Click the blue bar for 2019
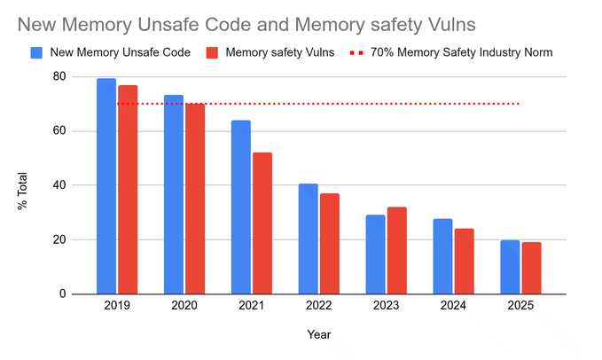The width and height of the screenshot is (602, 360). point(106,186)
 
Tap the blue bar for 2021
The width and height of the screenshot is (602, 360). point(241,207)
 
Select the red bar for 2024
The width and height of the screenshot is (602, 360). point(464,262)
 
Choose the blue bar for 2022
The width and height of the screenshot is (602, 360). point(308,239)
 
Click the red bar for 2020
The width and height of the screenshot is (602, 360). point(195,199)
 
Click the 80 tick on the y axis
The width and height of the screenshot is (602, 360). point(60,76)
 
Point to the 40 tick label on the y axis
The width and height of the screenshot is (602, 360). point(60,185)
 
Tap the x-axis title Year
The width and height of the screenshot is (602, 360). point(318,335)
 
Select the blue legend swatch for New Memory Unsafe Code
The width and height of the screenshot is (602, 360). point(36,53)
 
